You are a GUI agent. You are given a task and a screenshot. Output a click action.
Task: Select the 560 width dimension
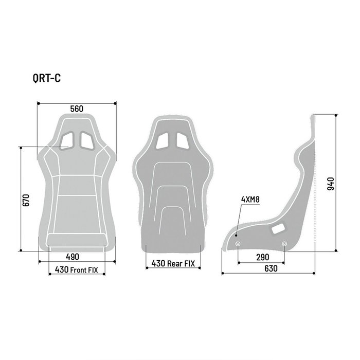coord(77,109)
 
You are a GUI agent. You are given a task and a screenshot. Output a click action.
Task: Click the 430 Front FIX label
coord(77,269)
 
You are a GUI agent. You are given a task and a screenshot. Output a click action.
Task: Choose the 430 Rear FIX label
coord(173,264)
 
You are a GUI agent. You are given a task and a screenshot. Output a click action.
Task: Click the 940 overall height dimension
coord(330,184)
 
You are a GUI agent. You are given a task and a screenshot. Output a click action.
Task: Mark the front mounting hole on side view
coord(238,243)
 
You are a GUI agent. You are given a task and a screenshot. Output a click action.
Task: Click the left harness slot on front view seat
coord(67,139)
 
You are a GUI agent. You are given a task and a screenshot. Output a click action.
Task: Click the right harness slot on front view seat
coord(86,139)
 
